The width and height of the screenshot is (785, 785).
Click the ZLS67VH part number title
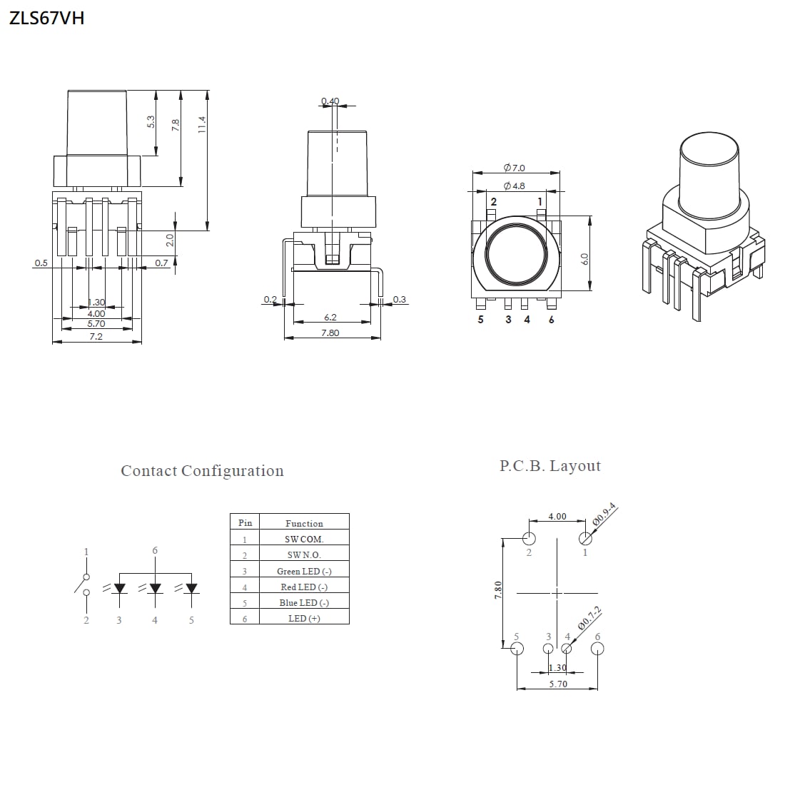(46, 19)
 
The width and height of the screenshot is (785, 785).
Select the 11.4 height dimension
(203, 125)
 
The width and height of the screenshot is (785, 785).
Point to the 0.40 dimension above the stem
(330, 101)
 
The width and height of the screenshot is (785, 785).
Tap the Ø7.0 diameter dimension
(514, 168)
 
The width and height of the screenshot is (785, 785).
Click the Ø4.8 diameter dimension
(514, 186)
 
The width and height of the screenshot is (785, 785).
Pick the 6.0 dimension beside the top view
(584, 258)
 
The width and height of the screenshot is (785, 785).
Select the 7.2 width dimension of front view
(96, 336)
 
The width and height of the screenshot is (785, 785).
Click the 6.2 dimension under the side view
(330, 318)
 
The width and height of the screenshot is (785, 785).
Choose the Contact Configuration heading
(202, 471)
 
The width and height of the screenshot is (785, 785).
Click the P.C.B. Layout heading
(549, 466)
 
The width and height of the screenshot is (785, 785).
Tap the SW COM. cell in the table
(304, 540)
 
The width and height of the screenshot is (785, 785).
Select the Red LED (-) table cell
(304, 587)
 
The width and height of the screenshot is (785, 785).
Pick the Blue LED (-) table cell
(304, 602)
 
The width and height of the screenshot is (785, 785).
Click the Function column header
(304, 523)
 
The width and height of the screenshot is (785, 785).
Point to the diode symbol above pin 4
(155, 589)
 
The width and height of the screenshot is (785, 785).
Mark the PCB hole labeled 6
(598, 648)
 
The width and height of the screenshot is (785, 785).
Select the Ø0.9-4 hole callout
(604, 515)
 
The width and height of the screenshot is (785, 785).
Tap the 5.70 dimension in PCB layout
(558, 684)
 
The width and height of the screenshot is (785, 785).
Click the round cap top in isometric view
(709, 149)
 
